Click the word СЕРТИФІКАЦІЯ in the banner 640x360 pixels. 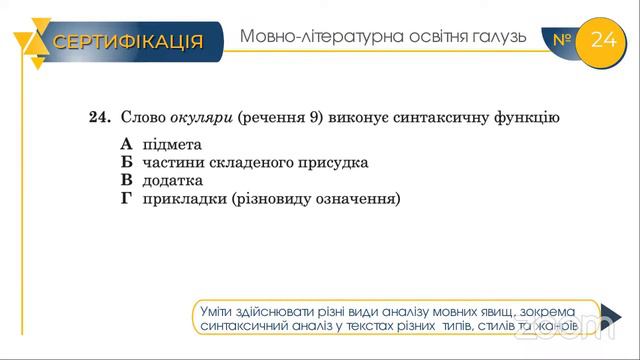[128, 41]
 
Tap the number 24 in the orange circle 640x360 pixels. [605, 40]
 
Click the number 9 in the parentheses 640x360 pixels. [312, 118]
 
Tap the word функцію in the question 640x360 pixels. [523, 118]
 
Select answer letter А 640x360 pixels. [126, 144]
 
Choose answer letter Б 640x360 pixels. [126, 162]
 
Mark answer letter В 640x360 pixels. [126, 180]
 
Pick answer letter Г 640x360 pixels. [126, 198]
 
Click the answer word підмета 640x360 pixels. [172, 144]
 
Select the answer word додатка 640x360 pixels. [173, 180]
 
